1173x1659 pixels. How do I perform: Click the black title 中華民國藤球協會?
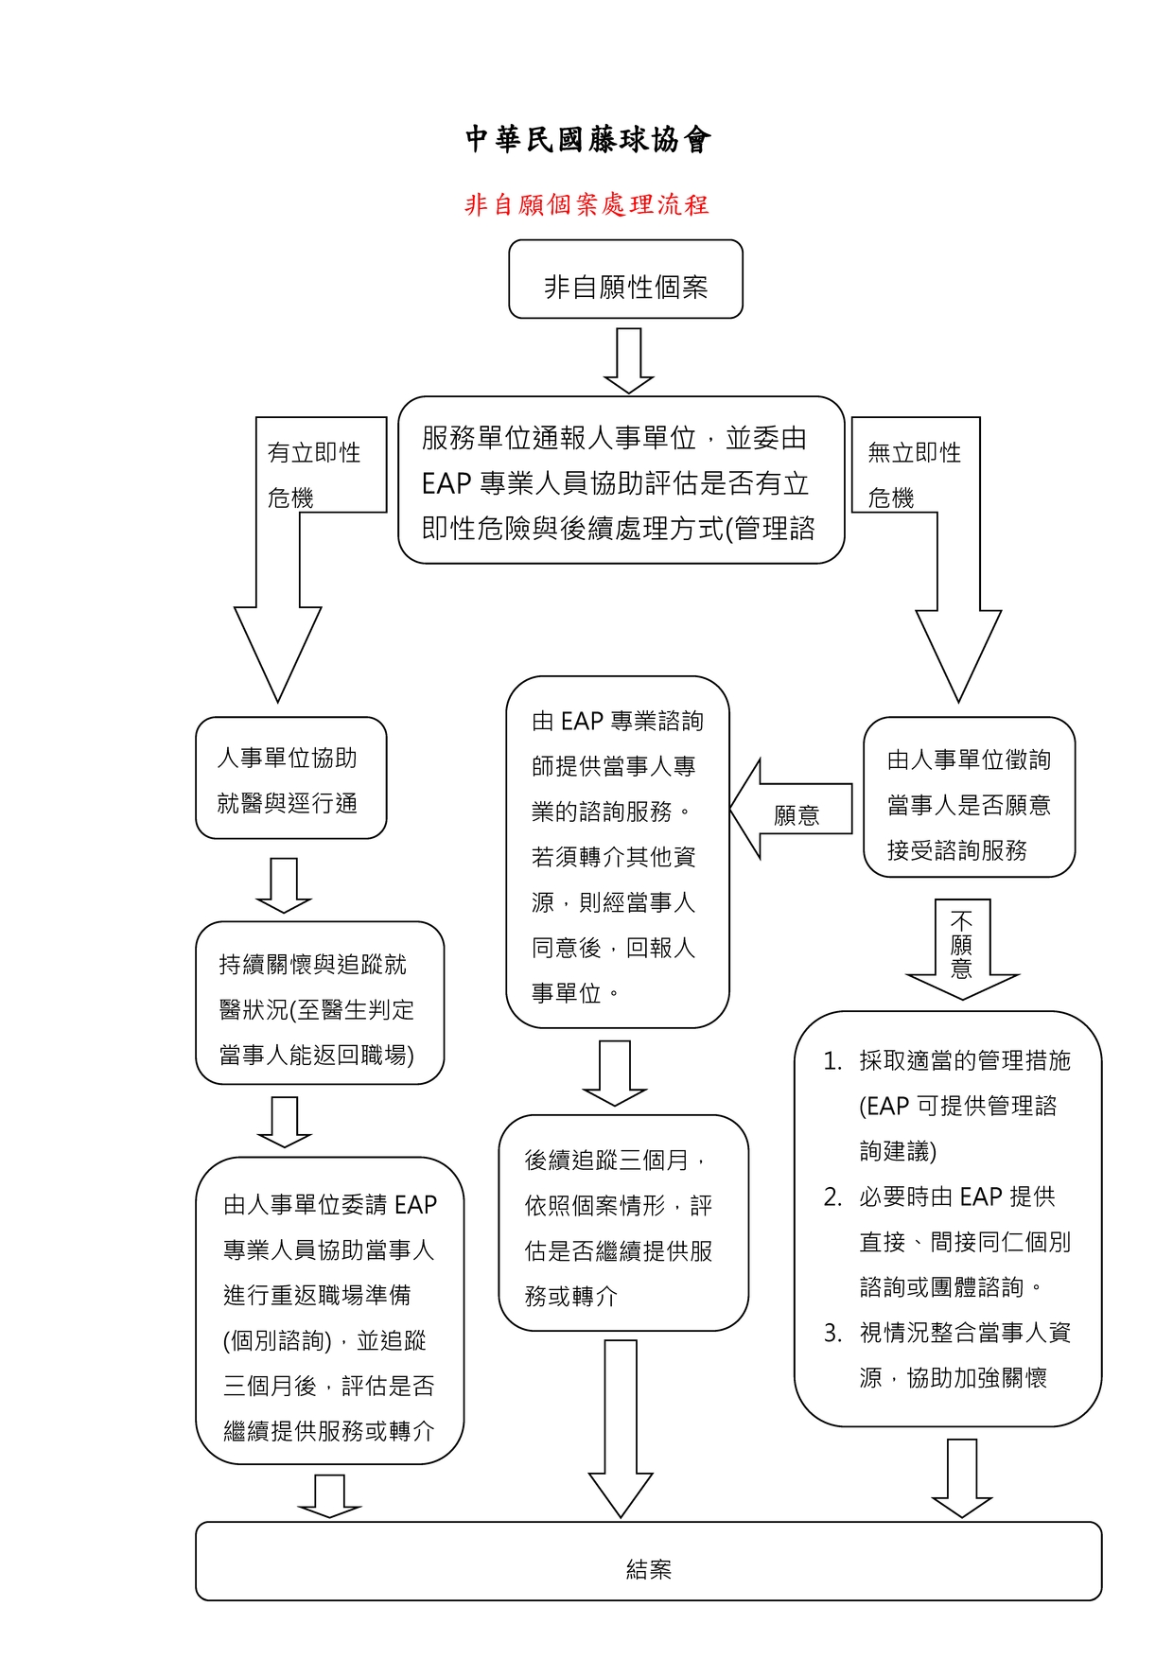coord(587,140)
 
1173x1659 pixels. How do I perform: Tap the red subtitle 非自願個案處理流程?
coord(586,204)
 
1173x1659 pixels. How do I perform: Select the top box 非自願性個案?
coord(625,280)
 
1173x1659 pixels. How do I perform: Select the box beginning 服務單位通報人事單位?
coord(621,480)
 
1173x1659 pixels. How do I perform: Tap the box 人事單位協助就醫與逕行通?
coord(290,778)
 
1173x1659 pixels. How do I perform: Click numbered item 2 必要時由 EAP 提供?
coord(955,1241)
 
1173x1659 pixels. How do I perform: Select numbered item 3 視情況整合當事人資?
coord(955,1354)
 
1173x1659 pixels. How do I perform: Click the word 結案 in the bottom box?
coord(649,1570)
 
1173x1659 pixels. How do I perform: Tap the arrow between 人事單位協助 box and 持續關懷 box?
coord(284,885)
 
